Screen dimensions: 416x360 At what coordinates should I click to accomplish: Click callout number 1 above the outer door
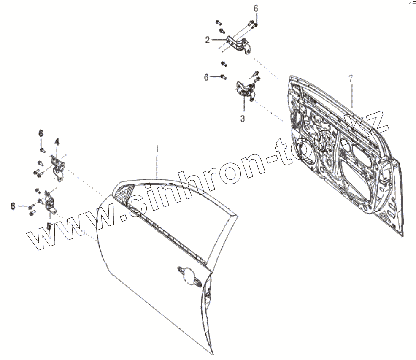pos(157,149)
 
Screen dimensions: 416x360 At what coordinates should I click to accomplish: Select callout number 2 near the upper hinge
pos(207,40)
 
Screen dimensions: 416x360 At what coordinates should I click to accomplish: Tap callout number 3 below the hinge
pos(243,119)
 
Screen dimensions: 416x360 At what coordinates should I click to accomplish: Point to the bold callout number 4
pos(57,142)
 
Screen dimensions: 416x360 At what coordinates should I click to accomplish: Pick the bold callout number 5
pos(49,226)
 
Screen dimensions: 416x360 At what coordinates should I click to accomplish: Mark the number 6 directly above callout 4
pos(41,133)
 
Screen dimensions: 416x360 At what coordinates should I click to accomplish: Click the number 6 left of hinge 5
pos(13,206)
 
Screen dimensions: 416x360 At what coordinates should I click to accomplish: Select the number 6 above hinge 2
pos(256,8)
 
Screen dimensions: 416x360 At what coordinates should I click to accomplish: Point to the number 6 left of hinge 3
pos(206,77)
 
